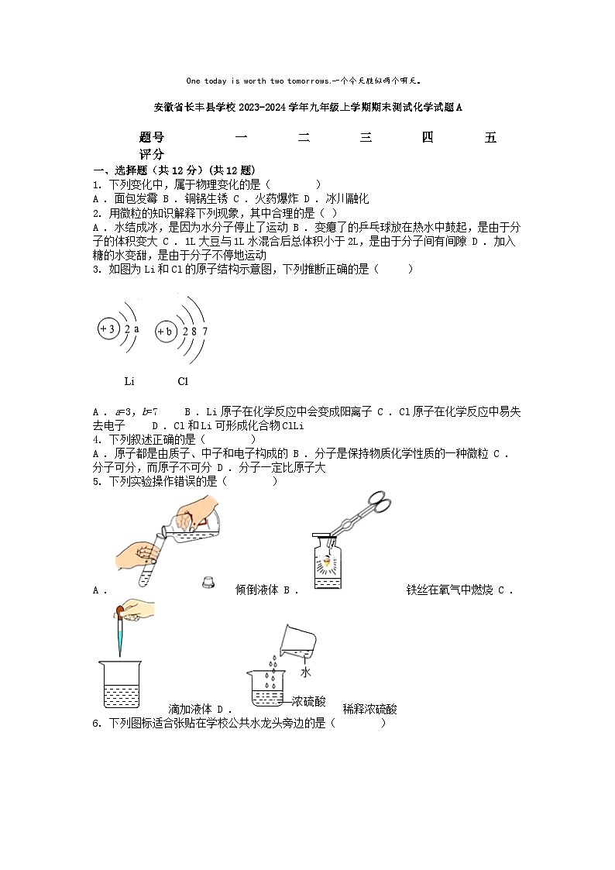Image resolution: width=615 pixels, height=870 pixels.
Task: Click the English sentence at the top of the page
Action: pos(307,81)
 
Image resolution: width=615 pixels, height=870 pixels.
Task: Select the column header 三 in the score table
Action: pos(366,138)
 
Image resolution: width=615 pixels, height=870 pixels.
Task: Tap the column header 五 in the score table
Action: pos(490,138)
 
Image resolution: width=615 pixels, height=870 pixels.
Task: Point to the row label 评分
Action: pos(152,155)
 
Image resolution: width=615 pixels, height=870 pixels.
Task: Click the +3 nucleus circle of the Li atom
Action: pos(108,329)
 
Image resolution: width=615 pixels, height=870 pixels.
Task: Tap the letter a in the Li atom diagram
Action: pos(136,329)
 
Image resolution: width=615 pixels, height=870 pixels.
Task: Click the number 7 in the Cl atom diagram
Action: pos(204,332)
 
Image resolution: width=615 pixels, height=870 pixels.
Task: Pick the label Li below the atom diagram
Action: pos(129,381)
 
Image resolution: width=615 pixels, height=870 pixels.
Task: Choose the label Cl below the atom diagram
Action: pos(183,381)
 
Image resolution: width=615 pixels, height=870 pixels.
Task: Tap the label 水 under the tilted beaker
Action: pos(306,672)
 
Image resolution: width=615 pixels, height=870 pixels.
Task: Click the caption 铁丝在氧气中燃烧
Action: pos(449,590)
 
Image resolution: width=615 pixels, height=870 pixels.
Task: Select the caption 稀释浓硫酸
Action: pos(369,709)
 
